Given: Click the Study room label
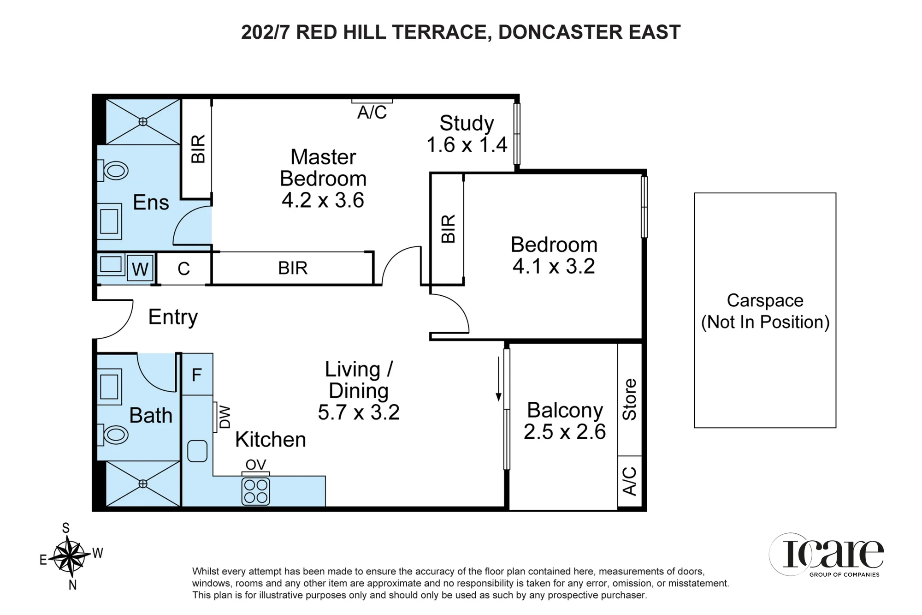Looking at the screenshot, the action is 467,123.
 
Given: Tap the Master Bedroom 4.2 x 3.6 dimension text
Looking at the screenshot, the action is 323,200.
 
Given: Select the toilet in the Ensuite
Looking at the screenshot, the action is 112,170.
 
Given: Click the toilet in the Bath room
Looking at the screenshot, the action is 112,435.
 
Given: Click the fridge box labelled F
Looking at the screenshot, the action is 197,374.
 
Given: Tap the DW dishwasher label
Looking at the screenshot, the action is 225,417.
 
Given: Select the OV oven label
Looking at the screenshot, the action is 256,465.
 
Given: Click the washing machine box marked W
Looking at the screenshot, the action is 140,268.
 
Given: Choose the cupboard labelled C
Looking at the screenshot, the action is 183,269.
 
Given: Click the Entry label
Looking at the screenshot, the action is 173,317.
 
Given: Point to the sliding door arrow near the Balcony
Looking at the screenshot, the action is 498,378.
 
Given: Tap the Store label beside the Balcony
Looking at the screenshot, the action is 630,399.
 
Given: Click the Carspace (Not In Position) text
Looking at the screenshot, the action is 765,311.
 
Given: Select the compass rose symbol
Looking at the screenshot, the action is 70,556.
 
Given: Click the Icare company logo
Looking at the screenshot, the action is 827,555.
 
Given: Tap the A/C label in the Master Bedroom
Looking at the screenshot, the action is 372,112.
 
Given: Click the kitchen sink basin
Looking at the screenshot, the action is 197,451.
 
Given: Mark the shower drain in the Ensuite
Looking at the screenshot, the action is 143,122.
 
